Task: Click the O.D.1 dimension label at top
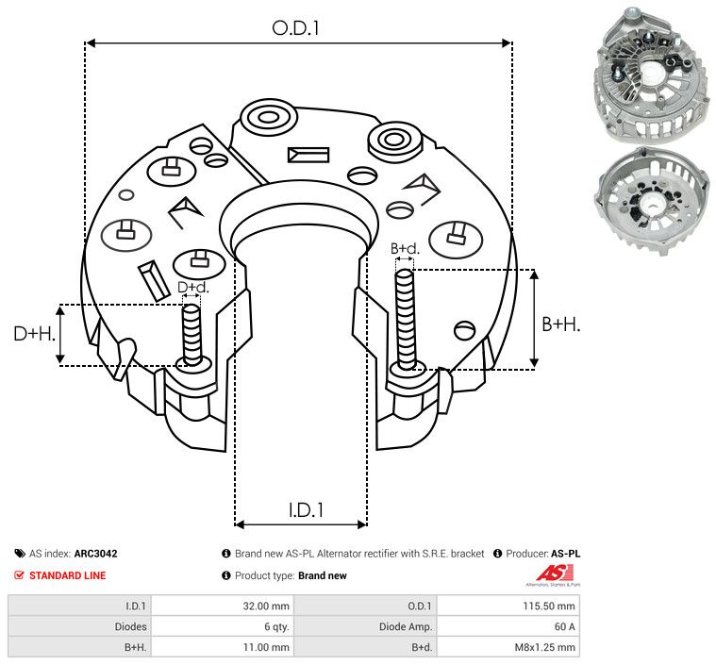point(296,28)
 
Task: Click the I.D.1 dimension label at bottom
point(306,509)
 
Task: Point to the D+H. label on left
point(34,334)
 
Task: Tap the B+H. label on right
point(560,324)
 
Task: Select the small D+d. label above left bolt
point(192,287)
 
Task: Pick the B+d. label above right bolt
point(405,249)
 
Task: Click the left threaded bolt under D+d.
point(192,335)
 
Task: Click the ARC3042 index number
point(95,555)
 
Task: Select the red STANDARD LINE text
point(67,575)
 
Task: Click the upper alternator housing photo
point(649,75)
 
